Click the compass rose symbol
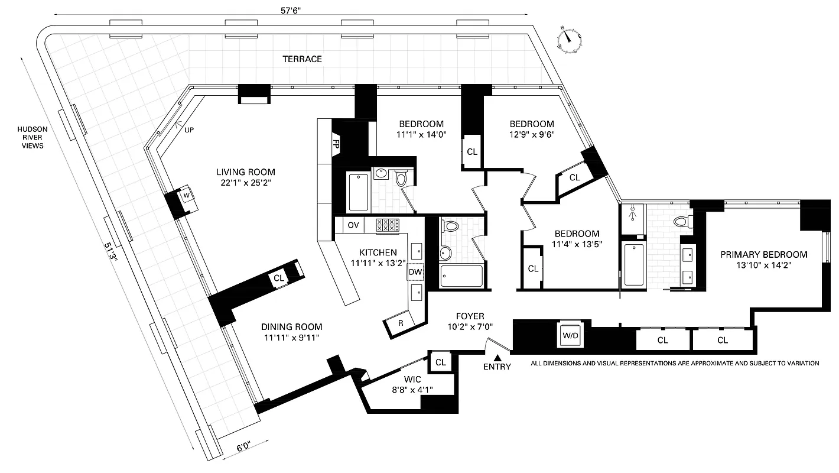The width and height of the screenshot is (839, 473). pos(569,41)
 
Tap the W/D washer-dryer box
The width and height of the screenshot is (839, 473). pos(571,335)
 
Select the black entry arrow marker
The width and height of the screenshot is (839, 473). pos(497,358)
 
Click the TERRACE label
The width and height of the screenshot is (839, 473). pos(302,59)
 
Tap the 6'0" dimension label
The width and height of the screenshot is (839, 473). pos(241,448)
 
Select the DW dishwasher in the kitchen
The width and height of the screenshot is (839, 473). pos(415,273)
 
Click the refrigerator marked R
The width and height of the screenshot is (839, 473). pos(401,323)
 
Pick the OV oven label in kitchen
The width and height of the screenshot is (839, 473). pos(353,225)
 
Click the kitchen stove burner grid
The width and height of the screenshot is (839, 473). pos(387,225)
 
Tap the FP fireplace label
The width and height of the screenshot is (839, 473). pos(336,144)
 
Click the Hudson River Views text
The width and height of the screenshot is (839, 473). pos(32,137)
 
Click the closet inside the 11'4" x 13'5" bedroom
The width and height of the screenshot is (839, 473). pos(533,268)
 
